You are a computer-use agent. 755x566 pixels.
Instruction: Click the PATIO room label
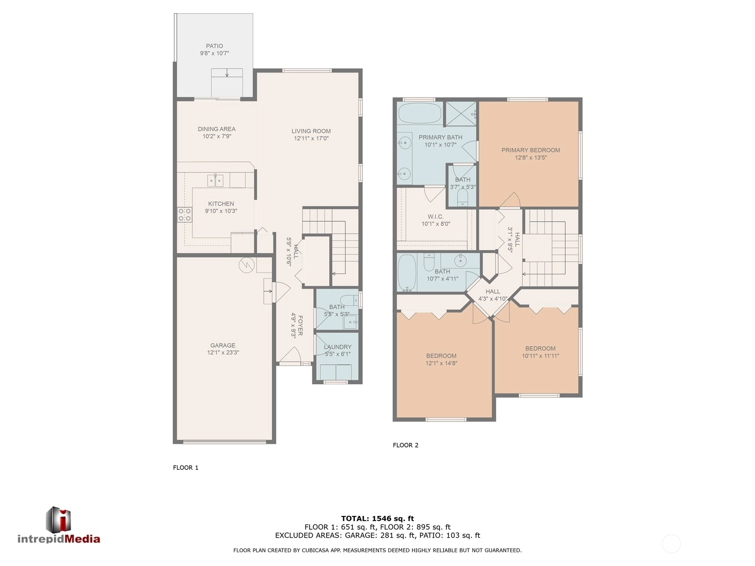tap(214, 46)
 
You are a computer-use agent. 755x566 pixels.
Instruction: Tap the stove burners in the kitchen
tap(185, 215)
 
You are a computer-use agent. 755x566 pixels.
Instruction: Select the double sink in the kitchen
tap(215, 180)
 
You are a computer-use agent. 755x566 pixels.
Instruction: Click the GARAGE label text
tap(223, 345)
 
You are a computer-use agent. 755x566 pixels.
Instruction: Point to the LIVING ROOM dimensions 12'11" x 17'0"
tap(311, 139)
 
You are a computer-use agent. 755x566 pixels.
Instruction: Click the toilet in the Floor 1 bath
tap(351, 300)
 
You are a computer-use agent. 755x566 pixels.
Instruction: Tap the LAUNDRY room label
tap(337, 347)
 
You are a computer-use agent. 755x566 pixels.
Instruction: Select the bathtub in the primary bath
tap(419, 113)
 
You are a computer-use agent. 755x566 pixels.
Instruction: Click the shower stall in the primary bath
tap(461, 114)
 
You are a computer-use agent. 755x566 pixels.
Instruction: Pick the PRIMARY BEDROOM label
tap(531, 150)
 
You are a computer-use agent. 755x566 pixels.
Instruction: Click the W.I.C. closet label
tap(436, 216)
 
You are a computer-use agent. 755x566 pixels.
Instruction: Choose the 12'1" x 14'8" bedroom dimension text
tap(441, 363)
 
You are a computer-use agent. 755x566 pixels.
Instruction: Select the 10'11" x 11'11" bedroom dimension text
tap(540, 356)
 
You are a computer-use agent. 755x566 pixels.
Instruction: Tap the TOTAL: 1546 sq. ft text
tap(377, 518)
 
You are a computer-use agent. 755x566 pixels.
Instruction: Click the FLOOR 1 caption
tap(186, 467)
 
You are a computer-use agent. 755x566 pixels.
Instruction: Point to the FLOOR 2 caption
tap(405, 445)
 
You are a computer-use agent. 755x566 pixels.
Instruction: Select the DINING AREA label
tap(217, 129)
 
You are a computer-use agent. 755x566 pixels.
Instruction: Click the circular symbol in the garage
tap(247, 265)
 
